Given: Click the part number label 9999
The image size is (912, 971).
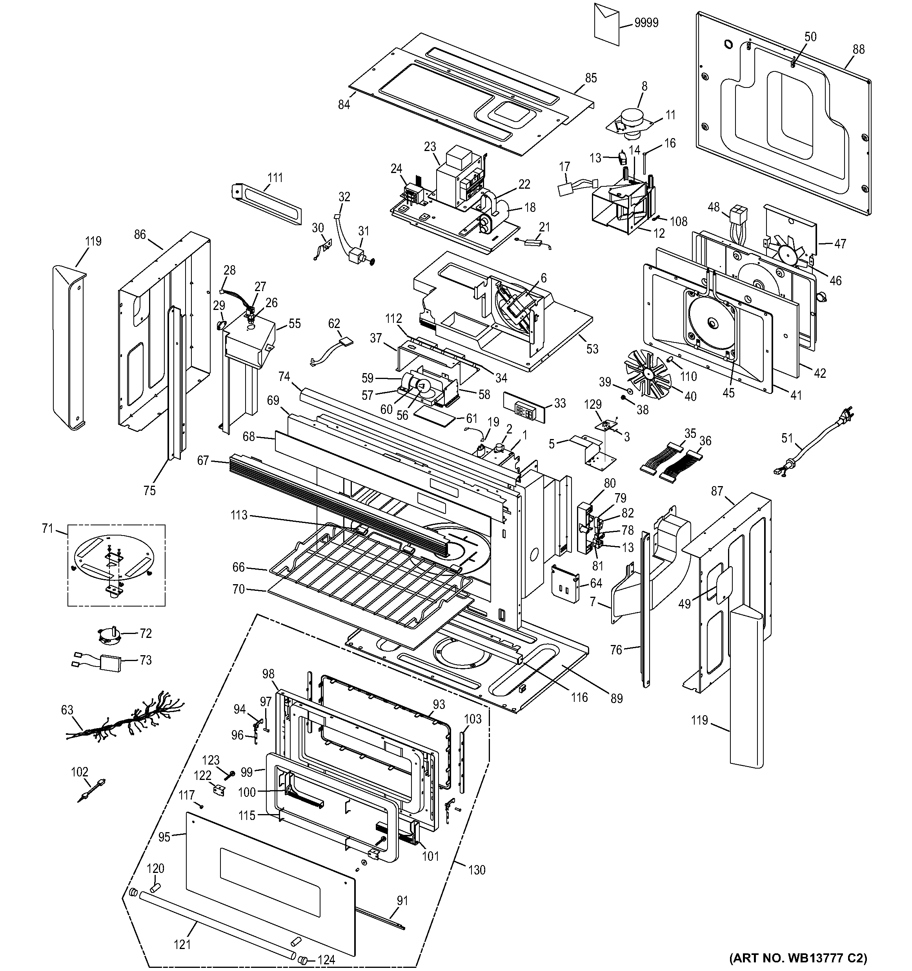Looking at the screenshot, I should [x=646, y=23].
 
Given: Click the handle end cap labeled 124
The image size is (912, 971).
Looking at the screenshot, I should [x=305, y=960].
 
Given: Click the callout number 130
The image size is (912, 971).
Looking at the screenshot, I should [x=477, y=869].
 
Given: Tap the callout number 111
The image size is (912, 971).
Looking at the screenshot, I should [x=275, y=177].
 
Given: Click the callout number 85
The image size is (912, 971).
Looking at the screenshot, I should [x=591, y=78].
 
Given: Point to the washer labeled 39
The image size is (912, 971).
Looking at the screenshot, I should [x=629, y=391].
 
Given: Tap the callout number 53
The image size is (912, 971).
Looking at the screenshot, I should [x=592, y=349].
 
